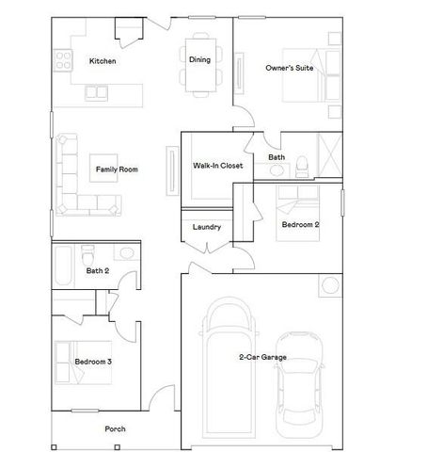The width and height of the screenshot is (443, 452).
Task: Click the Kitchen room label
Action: (x=103, y=61)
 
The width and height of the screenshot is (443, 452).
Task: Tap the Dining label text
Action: (x=199, y=60)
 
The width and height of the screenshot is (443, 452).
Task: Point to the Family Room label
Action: (x=117, y=169)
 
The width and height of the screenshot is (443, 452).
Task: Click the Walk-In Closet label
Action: (x=218, y=166)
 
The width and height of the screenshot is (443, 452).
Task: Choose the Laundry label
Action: (x=206, y=227)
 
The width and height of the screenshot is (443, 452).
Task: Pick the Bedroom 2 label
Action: (x=301, y=225)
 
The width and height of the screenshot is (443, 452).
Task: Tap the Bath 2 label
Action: (x=99, y=271)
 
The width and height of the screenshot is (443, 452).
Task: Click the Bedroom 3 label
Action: (x=94, y=362)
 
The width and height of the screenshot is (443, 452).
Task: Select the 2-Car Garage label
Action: (x=262, y=358)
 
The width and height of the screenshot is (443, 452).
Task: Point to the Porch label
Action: (x=115, y=429)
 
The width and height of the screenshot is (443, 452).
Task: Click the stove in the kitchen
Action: (x=64, y=61)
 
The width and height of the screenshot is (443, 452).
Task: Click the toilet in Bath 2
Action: (x=88, y=254)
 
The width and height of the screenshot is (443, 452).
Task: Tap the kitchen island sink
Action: (x=97, y=92)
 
